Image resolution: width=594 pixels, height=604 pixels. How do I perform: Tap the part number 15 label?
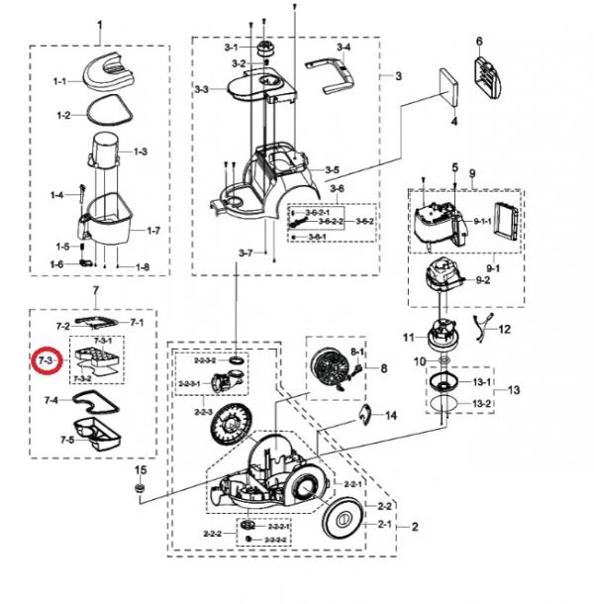pos(140,469)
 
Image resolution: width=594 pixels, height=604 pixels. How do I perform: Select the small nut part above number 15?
pos(140,489)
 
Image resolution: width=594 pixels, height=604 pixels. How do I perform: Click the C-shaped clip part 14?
pos(364,414)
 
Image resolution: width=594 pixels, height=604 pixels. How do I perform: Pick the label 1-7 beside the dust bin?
pos(152,230)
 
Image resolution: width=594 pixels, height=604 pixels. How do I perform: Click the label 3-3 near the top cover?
pos(201,89)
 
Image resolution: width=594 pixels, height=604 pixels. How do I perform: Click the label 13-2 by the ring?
pos(482,404)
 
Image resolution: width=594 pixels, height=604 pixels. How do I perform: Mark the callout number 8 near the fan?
pos(386,367)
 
